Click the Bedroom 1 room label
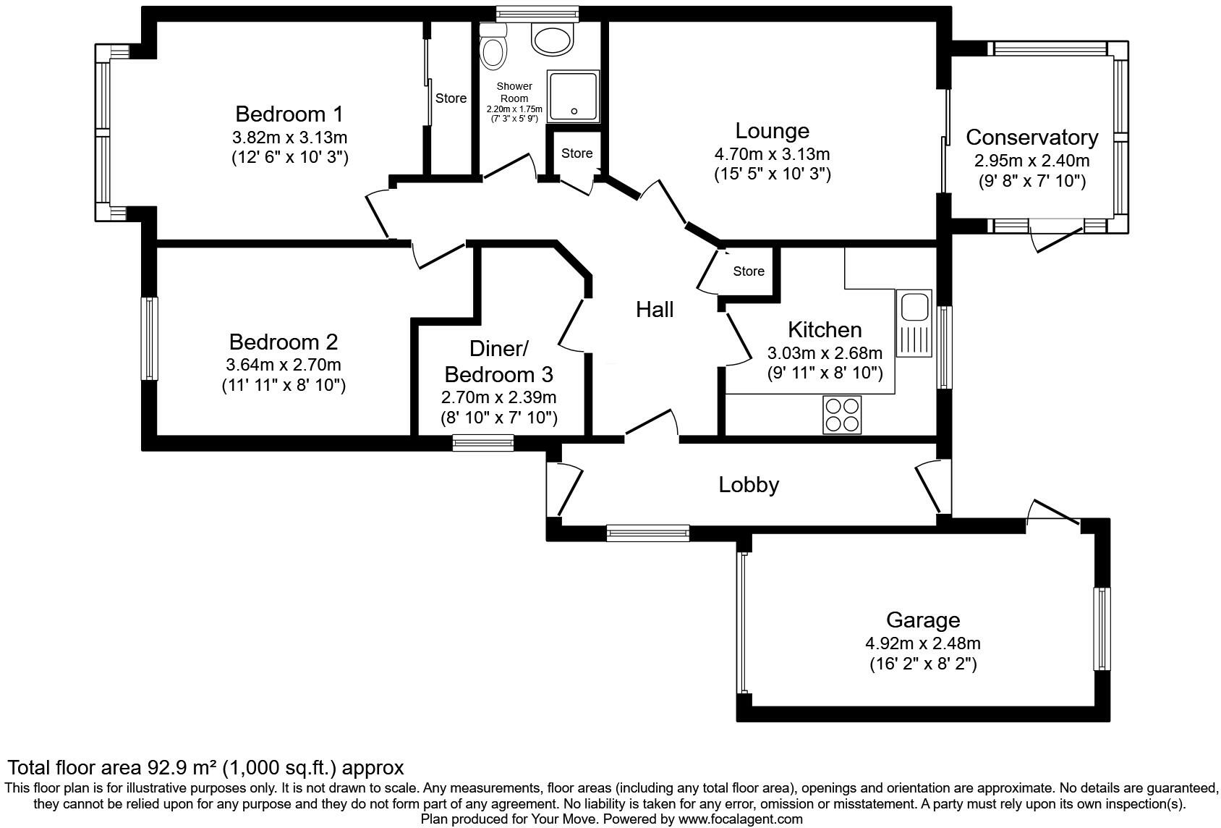(289, 114)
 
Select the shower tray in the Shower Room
(573, 96)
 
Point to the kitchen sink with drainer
(914, 323)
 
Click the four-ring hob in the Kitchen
(842, 415)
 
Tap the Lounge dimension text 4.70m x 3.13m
(772, 154)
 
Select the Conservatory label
(1031, 137)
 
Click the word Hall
(655, 310)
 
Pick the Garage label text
(923, 620)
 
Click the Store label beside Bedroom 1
(451, 98)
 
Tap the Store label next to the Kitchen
(748, 271)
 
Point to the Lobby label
(749, 484)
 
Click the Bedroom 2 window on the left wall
(149, 338)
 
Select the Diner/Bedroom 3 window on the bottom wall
(483, 442)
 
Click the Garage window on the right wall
(1101, 628)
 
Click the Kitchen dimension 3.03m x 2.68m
(825, 353)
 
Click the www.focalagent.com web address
(740, 819)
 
